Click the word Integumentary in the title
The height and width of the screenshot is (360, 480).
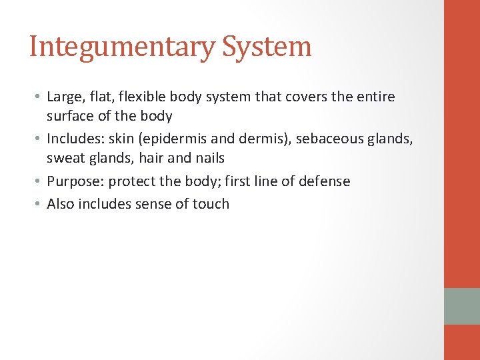click(122, 47)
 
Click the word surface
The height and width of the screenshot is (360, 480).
click(70, 116)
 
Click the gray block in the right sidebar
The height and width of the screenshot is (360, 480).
click(462, 306)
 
